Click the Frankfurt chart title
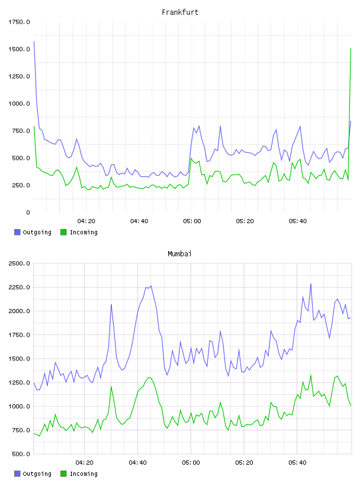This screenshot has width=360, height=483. pos(180,12)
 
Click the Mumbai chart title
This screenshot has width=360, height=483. pos(179,254)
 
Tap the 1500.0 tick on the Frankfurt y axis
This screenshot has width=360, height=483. pos(19,49)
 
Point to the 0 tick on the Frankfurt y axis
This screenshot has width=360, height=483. pos(28,212)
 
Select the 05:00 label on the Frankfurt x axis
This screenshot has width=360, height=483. pos(192,221)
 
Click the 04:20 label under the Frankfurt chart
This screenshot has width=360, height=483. pos(86,221)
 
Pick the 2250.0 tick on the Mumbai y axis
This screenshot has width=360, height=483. pos(19,288)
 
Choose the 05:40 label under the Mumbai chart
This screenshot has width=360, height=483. pos(297,463)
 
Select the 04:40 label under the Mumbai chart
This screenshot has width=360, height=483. pos(138,463)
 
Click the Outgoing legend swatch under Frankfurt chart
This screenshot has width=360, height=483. pos(17,232)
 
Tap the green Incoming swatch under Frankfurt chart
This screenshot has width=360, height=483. pos(63,232)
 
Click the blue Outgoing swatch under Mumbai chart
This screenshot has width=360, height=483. pos(17,474)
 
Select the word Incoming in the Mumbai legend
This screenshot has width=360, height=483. pos(83,474)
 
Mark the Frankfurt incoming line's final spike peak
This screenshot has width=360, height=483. pos(351,49)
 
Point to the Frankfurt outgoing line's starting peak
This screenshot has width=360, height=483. pos(34,41)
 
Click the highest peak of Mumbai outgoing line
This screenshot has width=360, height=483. pos(311,284)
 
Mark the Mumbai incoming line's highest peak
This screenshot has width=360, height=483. pos(311,375)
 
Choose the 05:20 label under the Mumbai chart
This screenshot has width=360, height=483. pos(244,463)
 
